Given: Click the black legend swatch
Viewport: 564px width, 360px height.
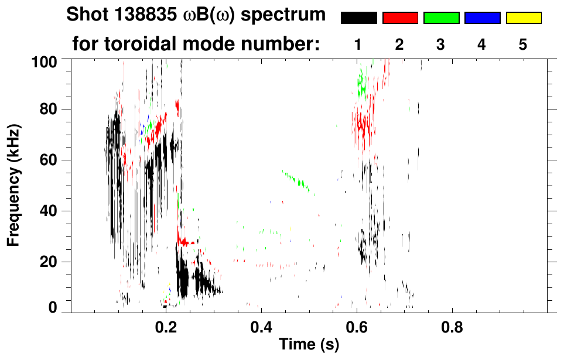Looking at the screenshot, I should click(x=358, y=18).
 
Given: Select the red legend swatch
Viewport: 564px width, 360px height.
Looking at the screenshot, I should click(x=400, y=18).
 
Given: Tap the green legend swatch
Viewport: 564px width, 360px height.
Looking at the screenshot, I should click(x=441, y=18).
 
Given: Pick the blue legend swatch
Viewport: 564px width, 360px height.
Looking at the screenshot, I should click(x=482, y=18).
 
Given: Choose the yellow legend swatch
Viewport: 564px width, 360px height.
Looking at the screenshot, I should click(x=523, y=18).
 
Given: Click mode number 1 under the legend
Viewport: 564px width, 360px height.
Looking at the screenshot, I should click(x=358, y=45).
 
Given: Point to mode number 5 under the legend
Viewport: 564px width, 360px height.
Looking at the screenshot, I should click(x=523, y=45).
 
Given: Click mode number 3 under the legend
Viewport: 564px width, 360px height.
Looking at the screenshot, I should click(x=441, y=45).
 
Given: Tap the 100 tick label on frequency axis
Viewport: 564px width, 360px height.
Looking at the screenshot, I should click(x=45, y=60).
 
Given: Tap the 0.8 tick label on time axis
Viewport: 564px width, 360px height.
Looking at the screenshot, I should click(x=452, y=326).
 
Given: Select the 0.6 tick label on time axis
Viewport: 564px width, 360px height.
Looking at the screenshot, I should click(x=356, y=326).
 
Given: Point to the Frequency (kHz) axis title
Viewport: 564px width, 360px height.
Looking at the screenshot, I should click(x=12, y=185).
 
